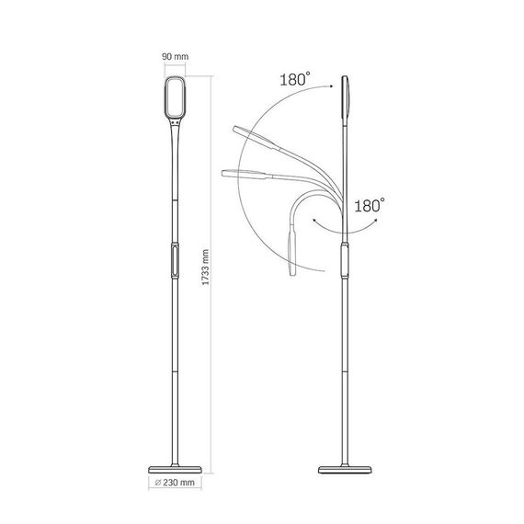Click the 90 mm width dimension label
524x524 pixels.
175,56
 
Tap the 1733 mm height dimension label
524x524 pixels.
206,268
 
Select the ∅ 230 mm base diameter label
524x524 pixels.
175,483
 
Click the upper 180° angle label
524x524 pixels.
295,80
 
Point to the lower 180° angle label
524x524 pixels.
370,205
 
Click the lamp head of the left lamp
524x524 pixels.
175,97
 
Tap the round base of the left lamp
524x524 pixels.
175,470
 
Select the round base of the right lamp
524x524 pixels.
345,470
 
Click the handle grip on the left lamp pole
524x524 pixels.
175,261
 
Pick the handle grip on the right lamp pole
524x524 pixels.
345,261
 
